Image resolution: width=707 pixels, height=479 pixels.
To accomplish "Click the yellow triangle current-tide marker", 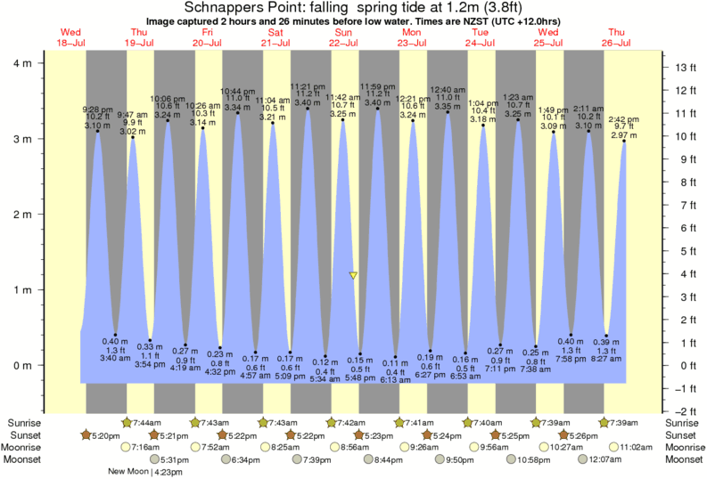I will (x=354, y=276).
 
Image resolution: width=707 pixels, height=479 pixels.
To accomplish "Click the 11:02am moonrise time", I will (x=640, y=448).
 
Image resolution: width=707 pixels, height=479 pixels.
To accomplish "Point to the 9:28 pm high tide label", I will (x=96, y=109).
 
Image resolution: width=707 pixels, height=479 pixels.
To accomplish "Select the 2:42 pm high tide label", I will (x=622, y=119).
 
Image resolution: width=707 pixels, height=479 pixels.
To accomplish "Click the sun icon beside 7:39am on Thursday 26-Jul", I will (x=604, y=422).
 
